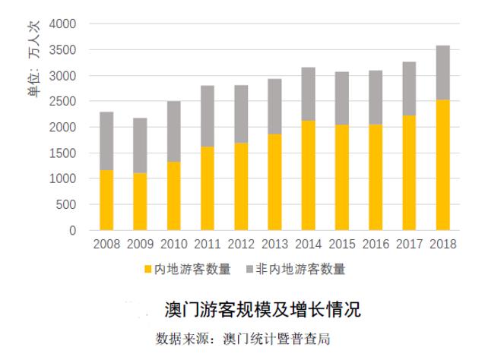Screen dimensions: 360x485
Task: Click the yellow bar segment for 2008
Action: [x=106, y=200]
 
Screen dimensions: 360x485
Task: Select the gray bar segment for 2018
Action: [x=439, y=72]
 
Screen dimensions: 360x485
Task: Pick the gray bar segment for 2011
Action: [x=206, y=116]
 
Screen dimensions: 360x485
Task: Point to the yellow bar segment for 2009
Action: [x=139, y=201]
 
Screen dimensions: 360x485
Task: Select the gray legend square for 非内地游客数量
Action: [x=250, y=269]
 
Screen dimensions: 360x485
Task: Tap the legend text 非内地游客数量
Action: [x=301, y=269]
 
